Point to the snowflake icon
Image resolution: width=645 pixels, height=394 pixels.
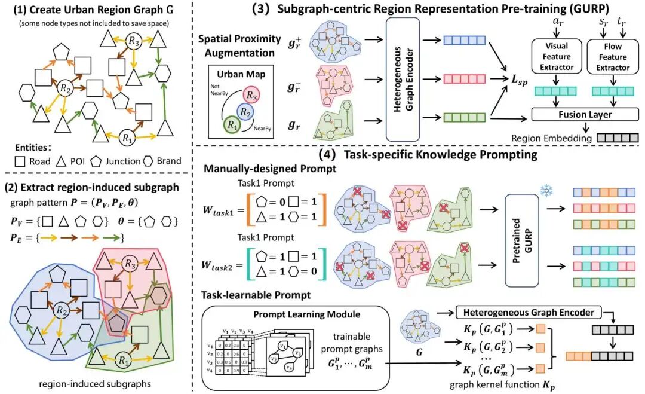[x=544, y=191]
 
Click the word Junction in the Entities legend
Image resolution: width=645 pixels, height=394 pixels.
[x=127, y=161]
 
